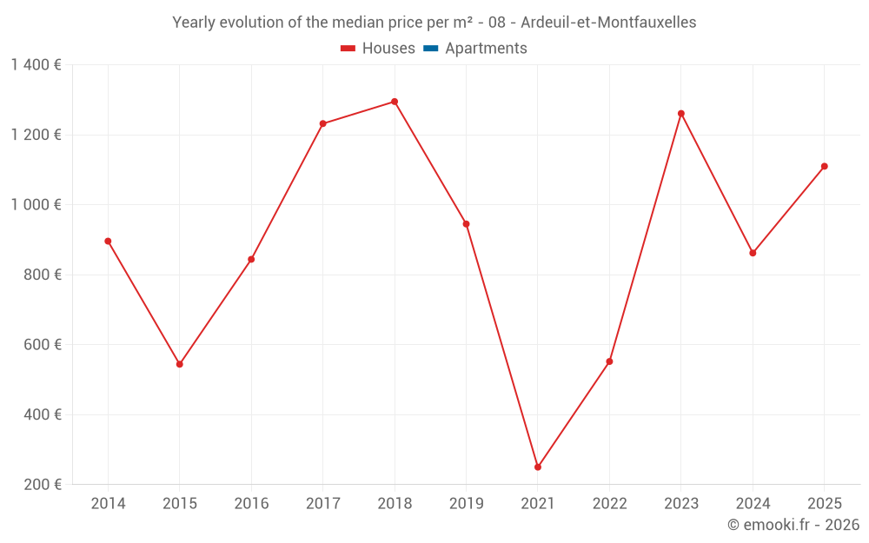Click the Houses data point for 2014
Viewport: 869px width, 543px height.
point(108,242)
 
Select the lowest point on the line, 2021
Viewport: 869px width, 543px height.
point(538,467)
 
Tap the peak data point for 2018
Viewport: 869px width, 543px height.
point(395,102)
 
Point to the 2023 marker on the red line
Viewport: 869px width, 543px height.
point(681,114)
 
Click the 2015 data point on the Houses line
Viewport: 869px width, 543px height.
point(180,364)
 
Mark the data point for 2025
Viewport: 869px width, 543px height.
point(825,166)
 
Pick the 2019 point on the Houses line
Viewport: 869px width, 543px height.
point(466,224)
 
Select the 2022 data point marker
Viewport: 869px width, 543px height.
point(609,361)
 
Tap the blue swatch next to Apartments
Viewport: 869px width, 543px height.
point(430,49)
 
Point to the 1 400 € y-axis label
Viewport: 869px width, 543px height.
point(36,65)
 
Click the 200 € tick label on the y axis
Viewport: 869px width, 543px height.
point(41,485)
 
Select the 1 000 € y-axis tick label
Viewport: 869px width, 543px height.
point(36,205)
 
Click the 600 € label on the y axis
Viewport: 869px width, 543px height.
point(41,345)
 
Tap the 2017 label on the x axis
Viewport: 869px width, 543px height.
point(322,504)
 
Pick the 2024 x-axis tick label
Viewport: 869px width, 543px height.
point(753,504)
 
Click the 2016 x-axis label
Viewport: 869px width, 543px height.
point(251,504)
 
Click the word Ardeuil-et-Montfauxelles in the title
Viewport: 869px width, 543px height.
point(608,23)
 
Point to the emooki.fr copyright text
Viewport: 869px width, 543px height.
point(793,525)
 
